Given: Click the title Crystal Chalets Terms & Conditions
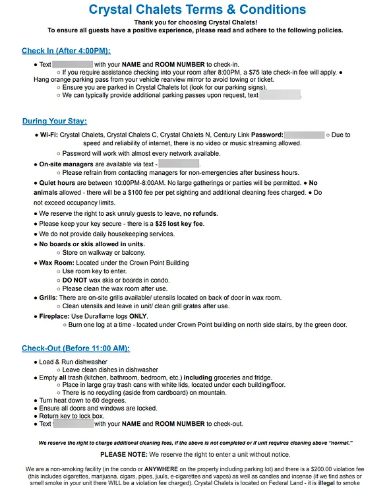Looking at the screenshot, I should click(197, 9).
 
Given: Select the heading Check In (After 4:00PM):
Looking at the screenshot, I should click(66, 51).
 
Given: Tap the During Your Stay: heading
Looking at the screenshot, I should click(54, 121).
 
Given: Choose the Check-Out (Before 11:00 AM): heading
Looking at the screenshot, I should click(76, 348).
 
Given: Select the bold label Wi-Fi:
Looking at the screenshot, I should click(48, 135).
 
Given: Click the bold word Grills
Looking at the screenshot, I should click(47, 298).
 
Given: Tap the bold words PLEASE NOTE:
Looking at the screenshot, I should click(123, 455).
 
